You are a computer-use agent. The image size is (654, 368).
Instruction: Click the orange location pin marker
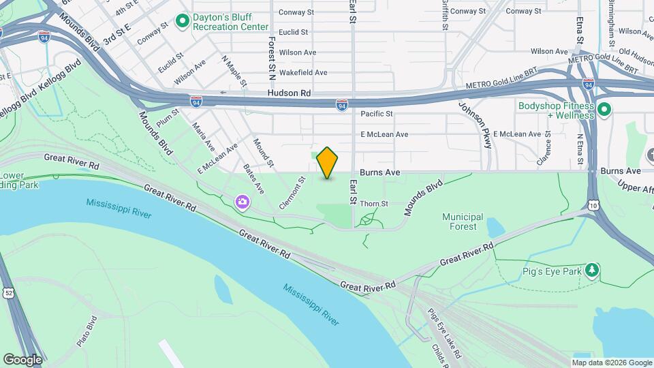pyautogui.click(x=327, y=162)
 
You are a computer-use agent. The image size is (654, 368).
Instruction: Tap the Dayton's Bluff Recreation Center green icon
pyautogui.click(x=182, y=22)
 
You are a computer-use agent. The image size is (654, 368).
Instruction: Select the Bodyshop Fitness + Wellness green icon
pyautogui.click(x=603, y=109)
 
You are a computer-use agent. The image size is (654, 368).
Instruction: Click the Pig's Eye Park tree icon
pyautogui.click(x=593, y=271)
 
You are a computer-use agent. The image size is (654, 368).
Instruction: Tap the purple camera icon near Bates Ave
pyautogui.click(x=242, y=202)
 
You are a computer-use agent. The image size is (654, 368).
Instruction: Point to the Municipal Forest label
pyautogui.click(x=463, y=221)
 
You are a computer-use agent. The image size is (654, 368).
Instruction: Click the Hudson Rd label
pyautogui.click(x=289, y=93)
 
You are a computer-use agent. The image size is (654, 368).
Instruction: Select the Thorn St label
pyautogui.click(x=373, y=204)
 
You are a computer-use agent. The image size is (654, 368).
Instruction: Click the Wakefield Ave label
pyautogui.click(x=303, y=72)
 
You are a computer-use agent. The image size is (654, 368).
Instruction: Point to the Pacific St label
pyautogui.click(x=377, y=114)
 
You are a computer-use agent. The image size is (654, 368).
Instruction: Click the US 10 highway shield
pyautogui.click(x=595, y=205)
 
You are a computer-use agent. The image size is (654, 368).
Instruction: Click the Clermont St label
pyautogui.click(x=291, y=194)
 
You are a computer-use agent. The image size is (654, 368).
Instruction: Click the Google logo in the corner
pyautogui.click(x=22, y=359)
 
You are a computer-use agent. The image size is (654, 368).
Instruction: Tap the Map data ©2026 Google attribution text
pyautogui.click(x=612, y=363)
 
